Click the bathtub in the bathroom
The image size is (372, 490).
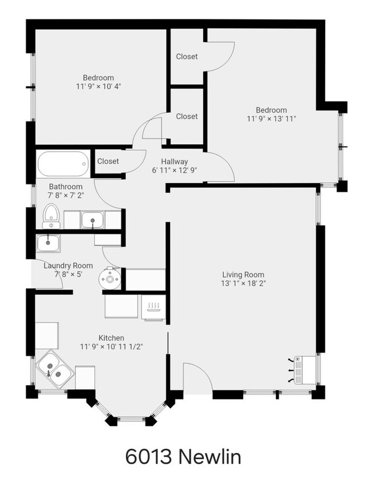pyautogui.click(x=64, y=164)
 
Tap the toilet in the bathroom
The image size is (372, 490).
pyautogui.click(x=52, y=215)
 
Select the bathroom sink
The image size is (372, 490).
pyautogui.click(x=92, y=219)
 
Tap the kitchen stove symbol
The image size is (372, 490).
pyautogui.click(x=153, y=309)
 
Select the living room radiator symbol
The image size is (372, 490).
pyautogui.click(x=301, y=370)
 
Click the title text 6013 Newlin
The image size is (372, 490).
pyautogui.click(x=183, y=457)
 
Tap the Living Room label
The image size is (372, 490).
pyautogui.click(x=243, y=274)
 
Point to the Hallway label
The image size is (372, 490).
pyautogui.click(x=174, y=161)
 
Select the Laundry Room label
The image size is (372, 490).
pyautogui.click(x=68, y=266)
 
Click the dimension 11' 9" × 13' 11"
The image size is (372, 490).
pyautogui.click(x=271, y=119)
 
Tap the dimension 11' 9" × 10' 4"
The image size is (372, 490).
pyautogui.click(x=98, y=86)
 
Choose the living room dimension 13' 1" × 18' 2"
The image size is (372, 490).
pyautogui.click(x=243, y=283)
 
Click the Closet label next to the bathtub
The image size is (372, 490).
pyautogui.click(x=108, y=161)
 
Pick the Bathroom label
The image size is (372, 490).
pyautogui.click(x=65, y=187)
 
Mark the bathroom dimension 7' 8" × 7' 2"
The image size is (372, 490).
pyautogui.click(x=65, y=195)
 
